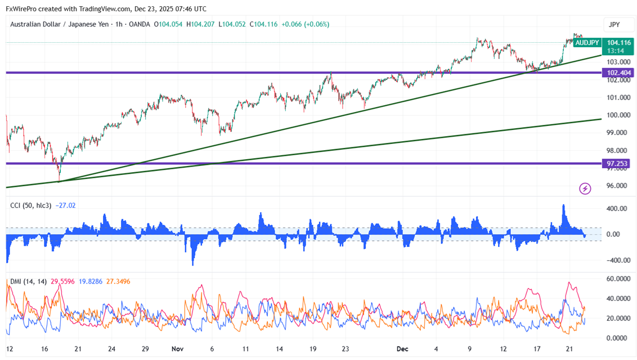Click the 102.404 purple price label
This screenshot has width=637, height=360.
(619, 73)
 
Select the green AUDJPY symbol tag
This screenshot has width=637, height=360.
(587, 42)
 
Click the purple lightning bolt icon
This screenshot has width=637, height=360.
(585, 188)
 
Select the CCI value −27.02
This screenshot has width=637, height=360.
(66, 205)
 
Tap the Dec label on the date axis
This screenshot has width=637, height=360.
(403, 349)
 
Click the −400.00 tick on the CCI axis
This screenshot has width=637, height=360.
(617, 260)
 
